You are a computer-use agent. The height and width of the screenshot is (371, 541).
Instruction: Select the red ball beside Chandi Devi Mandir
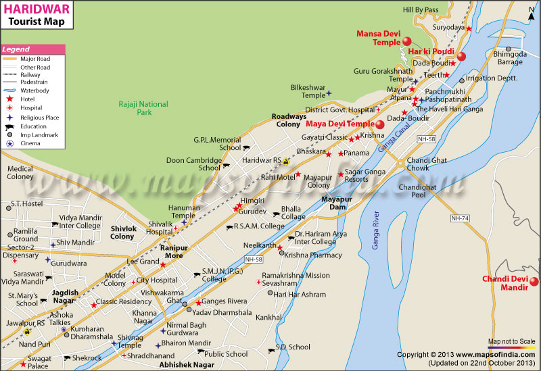534,282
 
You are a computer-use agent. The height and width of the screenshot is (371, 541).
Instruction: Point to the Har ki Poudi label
431,51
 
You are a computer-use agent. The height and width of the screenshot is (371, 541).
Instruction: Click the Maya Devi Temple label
339,124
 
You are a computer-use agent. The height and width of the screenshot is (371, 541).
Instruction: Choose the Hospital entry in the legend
31,107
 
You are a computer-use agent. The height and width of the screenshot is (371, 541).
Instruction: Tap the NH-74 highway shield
460,218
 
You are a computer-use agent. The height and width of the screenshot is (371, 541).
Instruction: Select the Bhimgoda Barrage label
509,57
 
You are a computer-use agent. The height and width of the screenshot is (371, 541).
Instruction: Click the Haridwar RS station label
262,160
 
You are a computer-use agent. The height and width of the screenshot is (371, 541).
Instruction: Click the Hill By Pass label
421,10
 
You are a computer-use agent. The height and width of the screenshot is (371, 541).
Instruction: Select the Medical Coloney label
20,172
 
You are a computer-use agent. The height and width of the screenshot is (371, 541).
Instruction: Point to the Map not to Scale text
512,341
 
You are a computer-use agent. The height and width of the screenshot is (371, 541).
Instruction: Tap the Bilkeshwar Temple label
308,91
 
